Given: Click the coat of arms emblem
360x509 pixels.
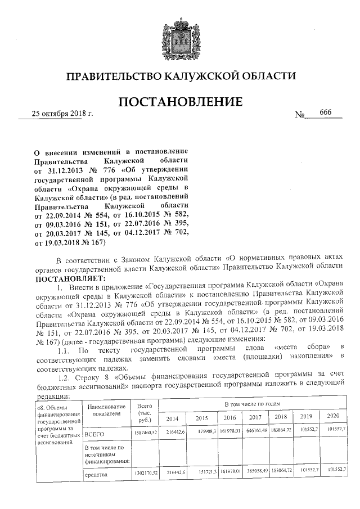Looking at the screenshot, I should (x=180, y=37).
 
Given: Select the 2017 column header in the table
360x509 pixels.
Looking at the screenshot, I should (x=256, y=417).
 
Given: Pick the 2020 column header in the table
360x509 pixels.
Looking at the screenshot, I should (x=332, y=416).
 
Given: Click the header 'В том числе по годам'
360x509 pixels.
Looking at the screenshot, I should (x=250, y=404).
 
